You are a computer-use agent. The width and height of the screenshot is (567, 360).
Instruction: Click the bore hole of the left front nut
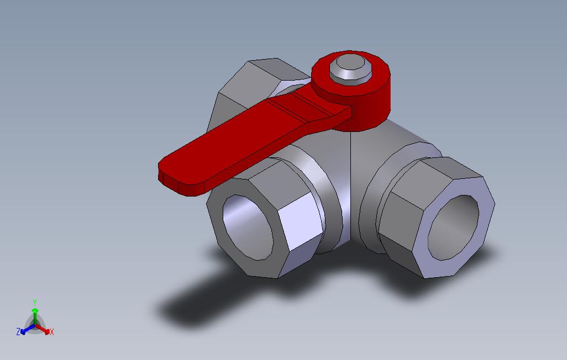pos(247,227)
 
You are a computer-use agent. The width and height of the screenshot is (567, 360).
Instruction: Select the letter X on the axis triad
pos(51,332)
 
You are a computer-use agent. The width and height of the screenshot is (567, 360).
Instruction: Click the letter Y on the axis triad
pos(35,303)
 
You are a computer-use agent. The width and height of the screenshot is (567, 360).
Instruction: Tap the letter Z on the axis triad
pos(18,332)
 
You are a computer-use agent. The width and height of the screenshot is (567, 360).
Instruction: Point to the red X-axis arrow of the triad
pos(44,330)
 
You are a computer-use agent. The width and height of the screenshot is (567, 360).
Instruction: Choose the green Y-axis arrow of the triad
pos(35,315)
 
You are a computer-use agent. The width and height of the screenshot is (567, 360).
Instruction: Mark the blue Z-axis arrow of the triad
pos(25,330)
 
